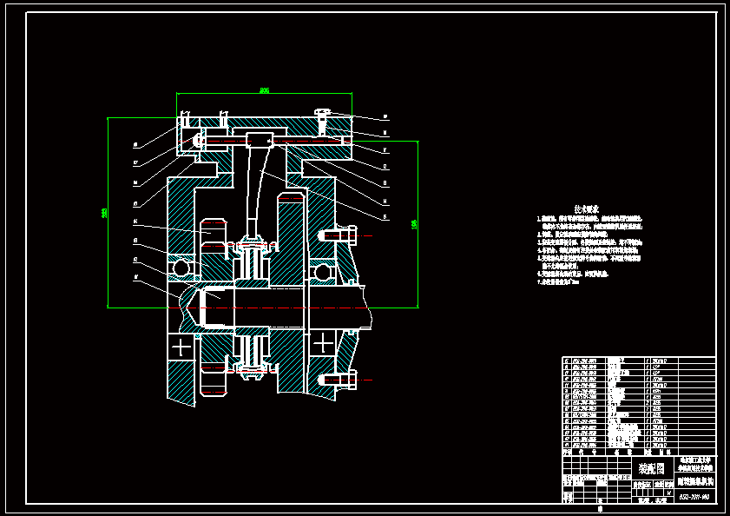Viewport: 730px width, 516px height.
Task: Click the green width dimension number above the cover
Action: click(265, 89)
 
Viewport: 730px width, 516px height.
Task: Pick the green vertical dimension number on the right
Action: click(414, 224)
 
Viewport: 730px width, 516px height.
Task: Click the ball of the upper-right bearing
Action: click(324, 273)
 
